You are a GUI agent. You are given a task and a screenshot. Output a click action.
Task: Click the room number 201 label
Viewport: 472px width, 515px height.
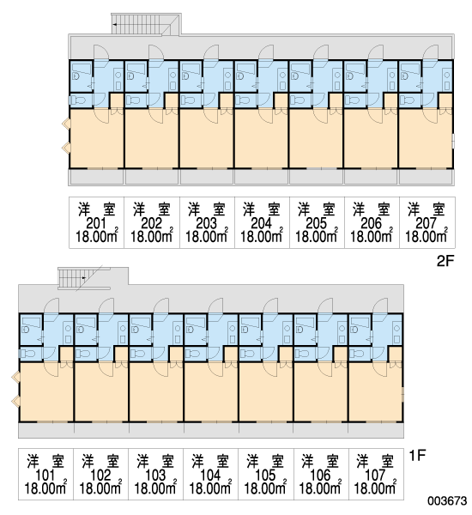point(97,223)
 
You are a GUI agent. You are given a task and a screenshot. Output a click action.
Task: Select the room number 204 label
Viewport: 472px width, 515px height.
point(262,223)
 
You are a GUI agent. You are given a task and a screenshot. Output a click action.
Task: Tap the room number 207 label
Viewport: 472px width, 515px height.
point(427,223)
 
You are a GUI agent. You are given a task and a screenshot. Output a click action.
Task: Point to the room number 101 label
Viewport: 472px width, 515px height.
point(45,475)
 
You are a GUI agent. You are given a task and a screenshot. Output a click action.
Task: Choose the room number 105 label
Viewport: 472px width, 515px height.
point(265,475)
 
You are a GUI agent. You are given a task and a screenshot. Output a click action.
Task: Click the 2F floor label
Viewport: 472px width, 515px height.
point(445,261)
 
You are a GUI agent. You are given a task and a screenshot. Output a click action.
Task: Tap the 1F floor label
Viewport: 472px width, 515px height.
point(417,455)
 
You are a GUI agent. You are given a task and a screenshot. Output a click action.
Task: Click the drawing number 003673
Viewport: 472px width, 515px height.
point(447,500)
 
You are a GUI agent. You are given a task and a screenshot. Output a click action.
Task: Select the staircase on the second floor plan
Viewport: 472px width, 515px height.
point(146,24)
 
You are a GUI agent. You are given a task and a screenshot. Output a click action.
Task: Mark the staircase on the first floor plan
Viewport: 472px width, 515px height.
point(84,278)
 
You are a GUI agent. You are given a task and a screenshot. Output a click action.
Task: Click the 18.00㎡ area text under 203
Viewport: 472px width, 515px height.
point(207,236)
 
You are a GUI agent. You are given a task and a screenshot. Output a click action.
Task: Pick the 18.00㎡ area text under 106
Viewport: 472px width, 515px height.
point(320,488)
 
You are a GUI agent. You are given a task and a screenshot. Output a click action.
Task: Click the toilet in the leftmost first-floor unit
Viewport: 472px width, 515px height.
point(27,354)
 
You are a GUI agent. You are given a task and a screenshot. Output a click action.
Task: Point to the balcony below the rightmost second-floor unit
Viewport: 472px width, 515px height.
point(427,177)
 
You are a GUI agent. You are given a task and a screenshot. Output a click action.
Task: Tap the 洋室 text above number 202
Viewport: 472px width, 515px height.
point(151,209)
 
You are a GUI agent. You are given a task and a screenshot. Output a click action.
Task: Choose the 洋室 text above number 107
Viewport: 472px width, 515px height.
point(375,461)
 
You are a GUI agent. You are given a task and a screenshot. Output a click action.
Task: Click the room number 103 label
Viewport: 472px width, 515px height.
point(155,475)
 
